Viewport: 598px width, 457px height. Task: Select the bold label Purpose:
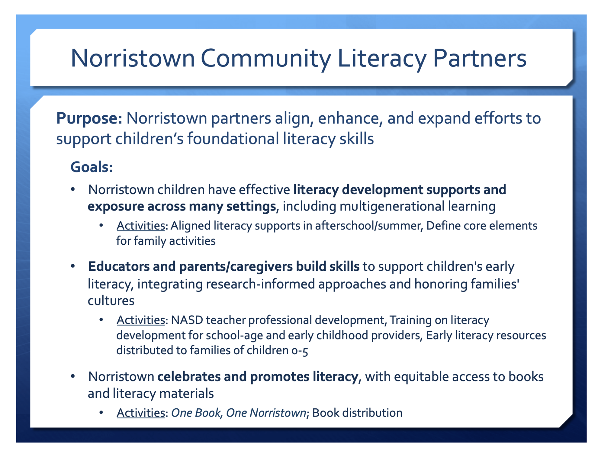point(89,118)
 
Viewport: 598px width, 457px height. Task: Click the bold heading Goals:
point(92,167)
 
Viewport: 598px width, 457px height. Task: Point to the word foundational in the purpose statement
point(233,139)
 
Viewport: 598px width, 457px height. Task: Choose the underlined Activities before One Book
point(141,413)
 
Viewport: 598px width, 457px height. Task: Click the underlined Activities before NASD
point(141,320)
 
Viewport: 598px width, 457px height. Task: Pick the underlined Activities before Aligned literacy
point(141,226)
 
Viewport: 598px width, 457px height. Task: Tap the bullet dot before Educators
point(73,266)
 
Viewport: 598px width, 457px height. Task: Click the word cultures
point(111,301)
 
